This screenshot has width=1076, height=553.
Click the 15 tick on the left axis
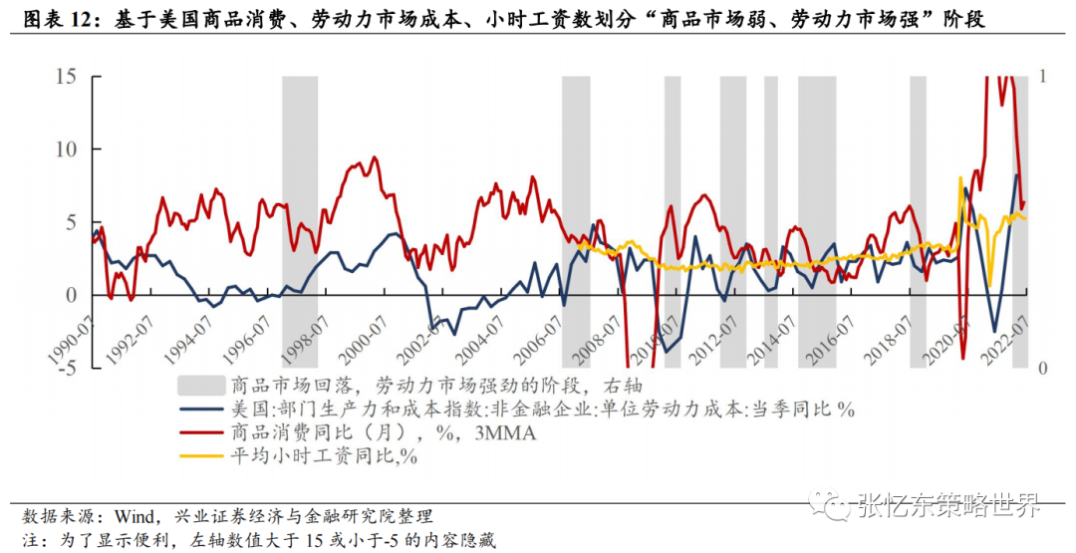pyautogui.click(x=65, y=76)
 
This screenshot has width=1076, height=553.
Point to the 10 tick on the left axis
pyautogui.click(x=65, y=149)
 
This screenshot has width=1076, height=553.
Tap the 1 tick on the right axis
pyautogui.click(x=1043, y=76)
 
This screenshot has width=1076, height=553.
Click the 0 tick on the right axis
pyautogui.click(x=1043, y=368)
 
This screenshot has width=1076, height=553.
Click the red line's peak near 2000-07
pyautogui.click(x=374, y=157)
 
